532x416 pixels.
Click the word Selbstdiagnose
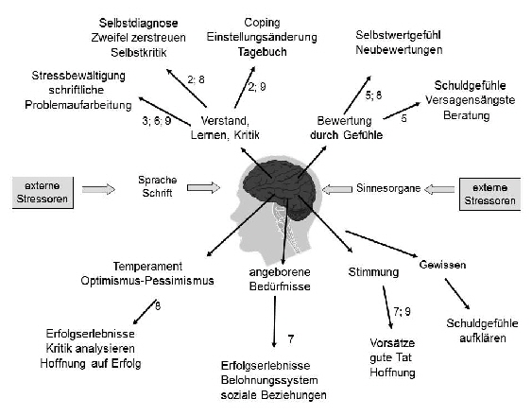(x=135, y=21)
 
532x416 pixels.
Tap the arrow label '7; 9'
(x=402, y=311)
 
